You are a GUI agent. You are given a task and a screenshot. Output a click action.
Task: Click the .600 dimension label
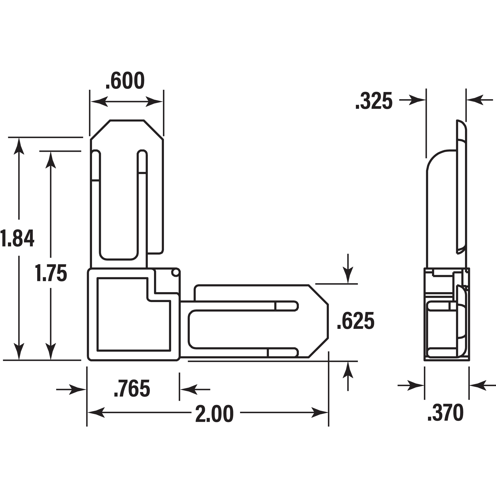pyautogui.click(x=125, y=81)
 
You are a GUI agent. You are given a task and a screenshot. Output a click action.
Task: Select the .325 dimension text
pyautogui.click(x=374, y=101)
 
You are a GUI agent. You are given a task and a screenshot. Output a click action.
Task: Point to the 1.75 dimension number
pyautogui.click(x=51, y=273)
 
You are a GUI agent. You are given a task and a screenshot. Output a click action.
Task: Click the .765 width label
pyautogui.click(x=132, y=389)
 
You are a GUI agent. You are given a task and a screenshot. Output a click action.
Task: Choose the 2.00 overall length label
pyautogui.click(x=214, y=414)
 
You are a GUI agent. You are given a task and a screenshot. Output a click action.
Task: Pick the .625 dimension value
pyautogui.click(x=356, y=321)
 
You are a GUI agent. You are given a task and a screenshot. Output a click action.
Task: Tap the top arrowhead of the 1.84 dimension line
pyautogui.click(x=19, y=146)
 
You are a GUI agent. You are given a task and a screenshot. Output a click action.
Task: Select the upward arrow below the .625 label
pyautogui.click(x=348, y=370)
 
